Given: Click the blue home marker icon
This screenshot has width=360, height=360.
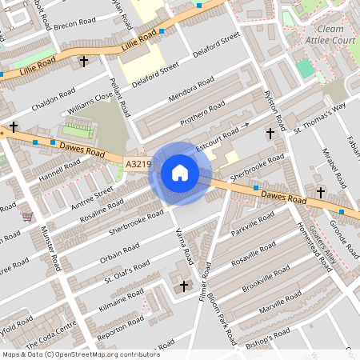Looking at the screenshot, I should (180, 173).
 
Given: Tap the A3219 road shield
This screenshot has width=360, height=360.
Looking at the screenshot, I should (138, 164).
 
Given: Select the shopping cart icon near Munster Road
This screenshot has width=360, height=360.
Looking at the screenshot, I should (27, 216).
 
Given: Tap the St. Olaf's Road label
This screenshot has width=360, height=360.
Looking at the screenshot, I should (126, 272).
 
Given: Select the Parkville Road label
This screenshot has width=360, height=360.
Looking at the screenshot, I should (253, 223).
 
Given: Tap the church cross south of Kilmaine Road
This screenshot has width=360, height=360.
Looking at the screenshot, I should (185, 285).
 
